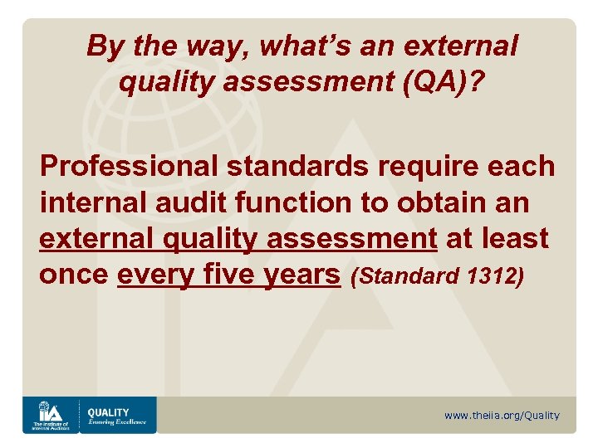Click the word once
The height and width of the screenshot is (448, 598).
click(x=73, y=275)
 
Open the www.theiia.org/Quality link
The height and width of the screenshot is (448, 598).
click(x=502, y=416)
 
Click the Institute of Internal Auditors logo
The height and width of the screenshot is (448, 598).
click(x=49, y=415)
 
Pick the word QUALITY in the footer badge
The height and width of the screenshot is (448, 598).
click(x=109, y=411)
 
